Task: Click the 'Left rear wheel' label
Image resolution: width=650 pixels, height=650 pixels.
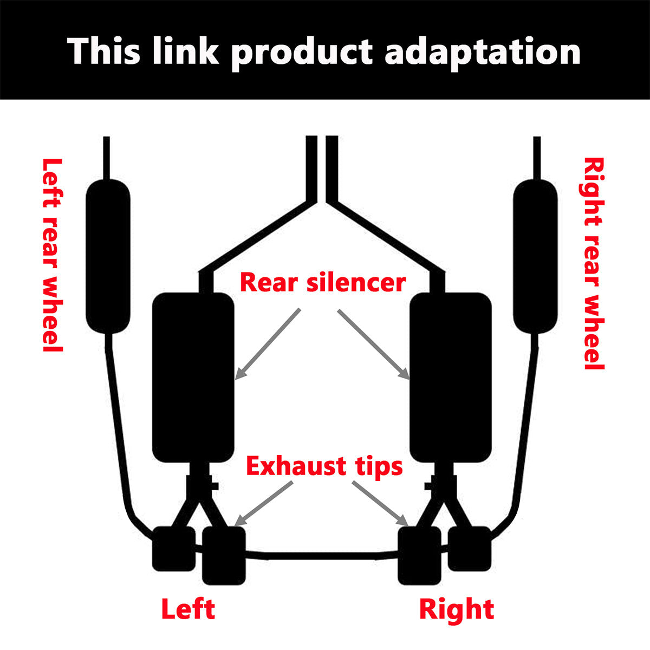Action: pyautogui.click(x=53, y=255)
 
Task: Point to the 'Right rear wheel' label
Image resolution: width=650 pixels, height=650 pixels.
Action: pyautogui.click(x=594, y=263)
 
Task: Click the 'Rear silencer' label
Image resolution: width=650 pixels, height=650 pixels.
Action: pyautogui.click(x=323, y=283)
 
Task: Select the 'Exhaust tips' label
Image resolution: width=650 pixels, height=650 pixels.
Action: pyautogui.click(x=324, y=466)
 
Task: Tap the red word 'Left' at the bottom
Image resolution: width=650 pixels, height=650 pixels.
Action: pyautogui.click(x=188, y=609)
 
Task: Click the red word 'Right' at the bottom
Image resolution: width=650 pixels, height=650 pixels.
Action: pyautogui.click(x=457, y=609)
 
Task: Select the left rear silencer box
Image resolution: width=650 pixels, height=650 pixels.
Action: pyautogui.click(x=193, y=377)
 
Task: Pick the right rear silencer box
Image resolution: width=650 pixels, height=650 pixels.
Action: pyautogui.click(x=451, y=377)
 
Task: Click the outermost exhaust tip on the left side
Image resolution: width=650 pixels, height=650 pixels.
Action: pyautogui.click(x=173, y=548)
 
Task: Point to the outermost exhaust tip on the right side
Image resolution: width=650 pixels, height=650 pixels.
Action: pyautogui.click(x=470, y=548)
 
